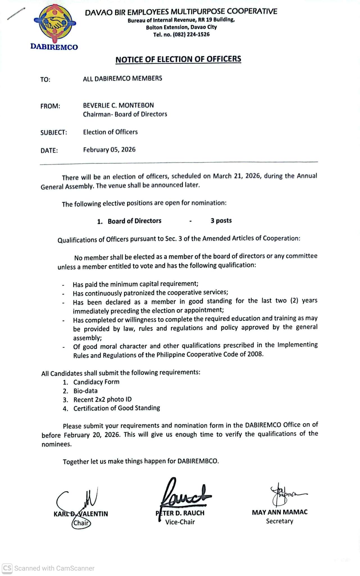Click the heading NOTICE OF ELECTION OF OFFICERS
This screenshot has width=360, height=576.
click(x=178, y=59)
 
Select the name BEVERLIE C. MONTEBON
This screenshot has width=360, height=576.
click(x=118, y=105)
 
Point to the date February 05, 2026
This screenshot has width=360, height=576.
click(x=109, y=150)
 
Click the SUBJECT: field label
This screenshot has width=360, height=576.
click(x=54, y=132)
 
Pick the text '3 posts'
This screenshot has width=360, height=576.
click(x=221, y=220)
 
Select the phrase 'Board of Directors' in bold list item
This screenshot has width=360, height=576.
click(x=134, y=221)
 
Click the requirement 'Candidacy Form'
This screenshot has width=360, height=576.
click(x=96, y=382)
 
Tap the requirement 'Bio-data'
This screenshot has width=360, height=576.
click(x=85, y=391)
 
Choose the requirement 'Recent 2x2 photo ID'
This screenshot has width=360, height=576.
click(x=103, y=400)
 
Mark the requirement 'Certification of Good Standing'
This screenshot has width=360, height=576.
click(x=117, y=408)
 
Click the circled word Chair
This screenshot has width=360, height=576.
click(x=81, y=523)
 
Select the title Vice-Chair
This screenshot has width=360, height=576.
click(x=180, y=522)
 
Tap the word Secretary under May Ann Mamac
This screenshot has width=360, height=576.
click(x=279, y=521)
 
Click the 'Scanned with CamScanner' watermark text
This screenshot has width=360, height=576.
click(x=54, y=568)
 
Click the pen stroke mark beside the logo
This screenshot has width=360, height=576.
click(x=16, y=14)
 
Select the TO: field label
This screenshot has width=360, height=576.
click(x=45, y=80)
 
